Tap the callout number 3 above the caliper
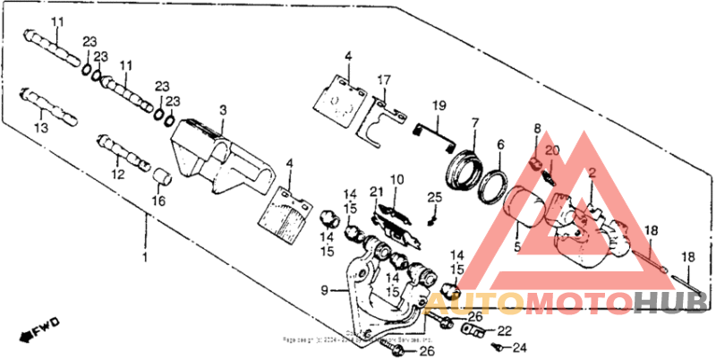(x=223, y=109)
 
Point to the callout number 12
(x=118, y=174)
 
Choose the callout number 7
(x=475, y=122)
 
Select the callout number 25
(x=434, y=197)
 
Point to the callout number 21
(x=377, y=191)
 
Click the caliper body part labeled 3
(x=219, y=157)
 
